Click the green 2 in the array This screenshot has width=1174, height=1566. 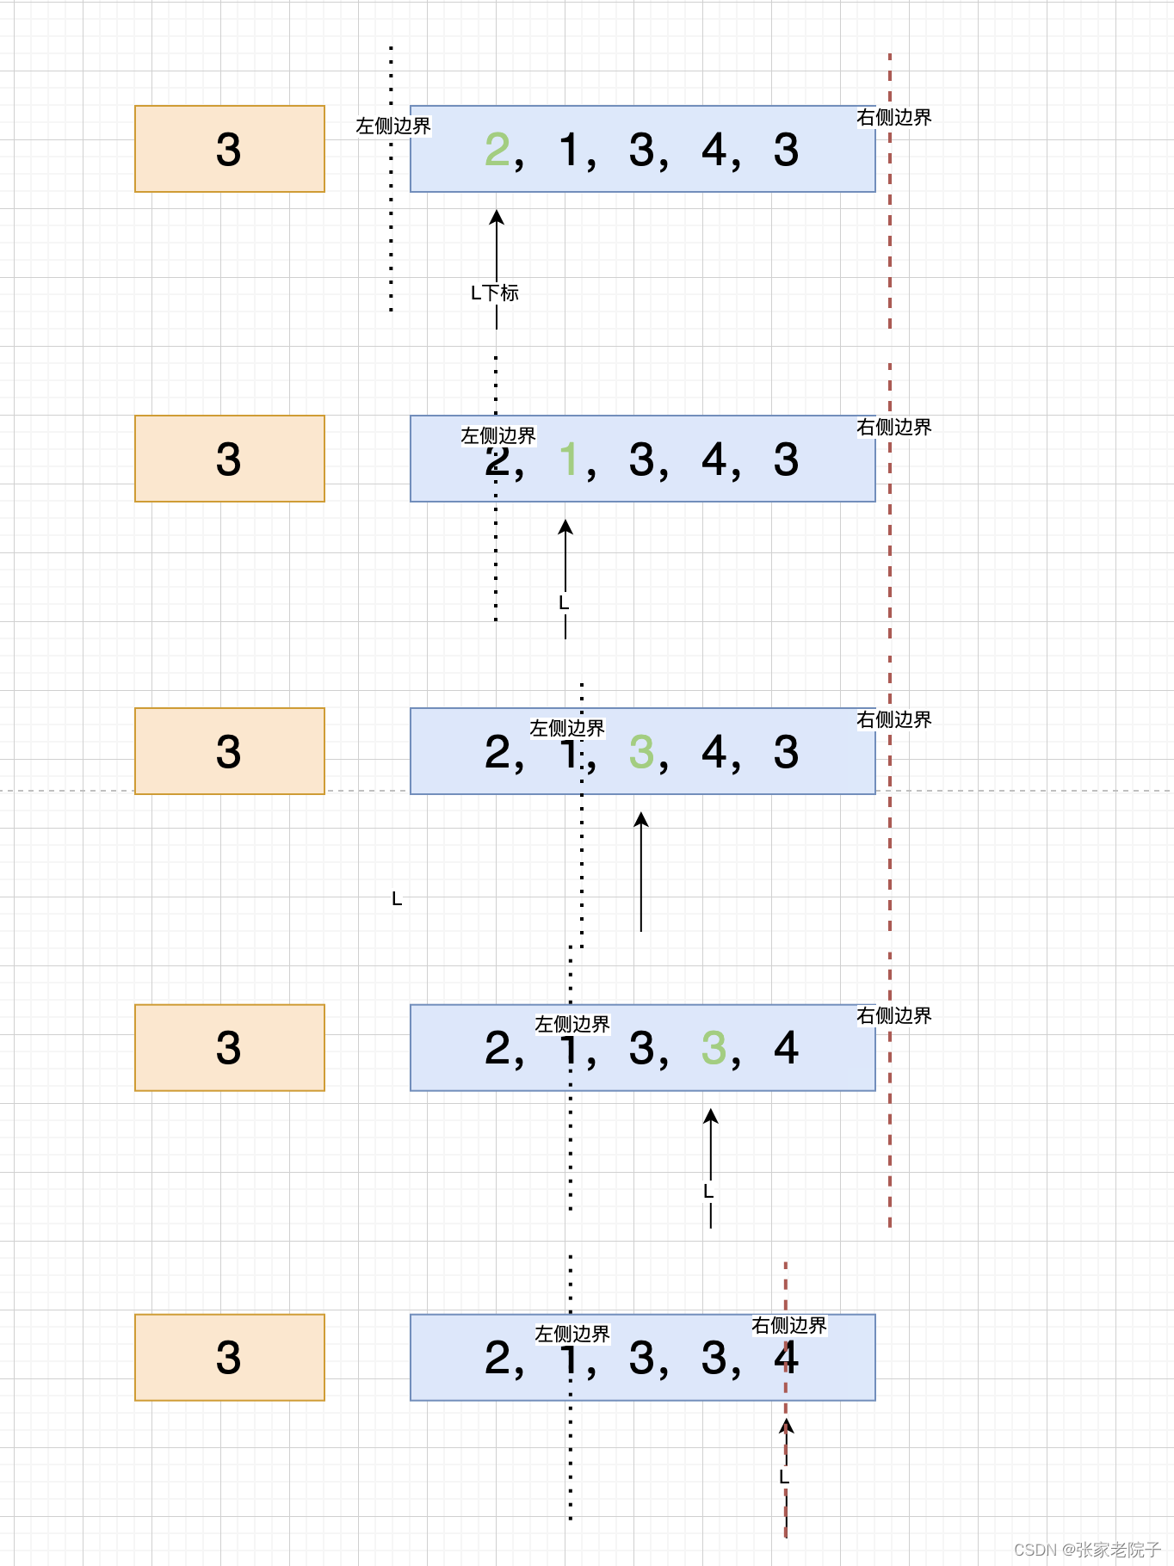point(497,150)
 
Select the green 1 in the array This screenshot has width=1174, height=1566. point(568,459)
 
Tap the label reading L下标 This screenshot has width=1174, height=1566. point(495,293)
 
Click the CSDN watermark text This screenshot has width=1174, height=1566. point(1087,1550)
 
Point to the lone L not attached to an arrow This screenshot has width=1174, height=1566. point(397,899)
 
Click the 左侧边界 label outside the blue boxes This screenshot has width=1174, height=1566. point(393,126)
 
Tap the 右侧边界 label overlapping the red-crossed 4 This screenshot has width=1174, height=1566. point(788,1325)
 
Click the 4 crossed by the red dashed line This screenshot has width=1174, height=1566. point(786,1358)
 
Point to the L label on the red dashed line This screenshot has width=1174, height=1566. point(784,1477)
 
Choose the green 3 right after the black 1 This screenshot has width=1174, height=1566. point(641,752)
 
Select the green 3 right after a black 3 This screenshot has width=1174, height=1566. point(714,1048)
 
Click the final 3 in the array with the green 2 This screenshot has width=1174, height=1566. point(786,150)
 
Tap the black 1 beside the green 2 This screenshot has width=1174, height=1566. point(570,150)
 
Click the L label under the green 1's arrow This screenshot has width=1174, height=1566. point(564,603)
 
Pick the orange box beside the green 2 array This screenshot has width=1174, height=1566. point(230,149)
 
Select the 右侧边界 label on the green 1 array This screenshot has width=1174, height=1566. point(893,427)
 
